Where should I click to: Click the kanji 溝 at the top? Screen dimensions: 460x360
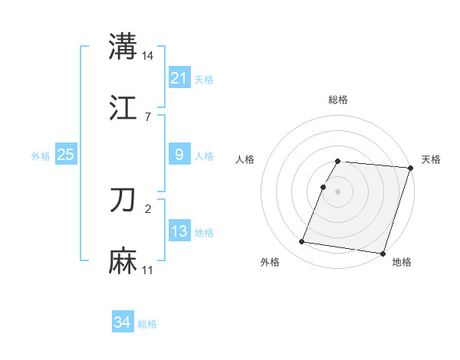[123, 46]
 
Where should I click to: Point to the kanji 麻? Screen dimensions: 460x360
[123, 261]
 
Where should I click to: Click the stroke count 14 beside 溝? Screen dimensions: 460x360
[148, 55]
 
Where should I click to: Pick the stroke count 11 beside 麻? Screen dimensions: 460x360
[148, 270]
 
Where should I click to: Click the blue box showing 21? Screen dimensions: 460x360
[179, 77]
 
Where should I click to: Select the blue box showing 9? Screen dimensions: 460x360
[179, 155]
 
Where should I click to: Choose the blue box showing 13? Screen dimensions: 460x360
[179, 231]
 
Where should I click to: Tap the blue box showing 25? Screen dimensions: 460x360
[65, 155]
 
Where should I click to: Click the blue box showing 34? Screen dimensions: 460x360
[123, 322]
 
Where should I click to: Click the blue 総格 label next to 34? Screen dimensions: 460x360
[147, 324]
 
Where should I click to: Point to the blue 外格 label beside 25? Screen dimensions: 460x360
[41, 156]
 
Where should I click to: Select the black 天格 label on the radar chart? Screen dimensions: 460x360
[431, 159]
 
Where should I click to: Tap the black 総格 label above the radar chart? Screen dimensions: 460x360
[338, 100]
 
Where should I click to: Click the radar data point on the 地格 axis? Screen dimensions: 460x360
[383, 253]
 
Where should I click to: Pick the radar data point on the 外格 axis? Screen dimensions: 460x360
[301, 242]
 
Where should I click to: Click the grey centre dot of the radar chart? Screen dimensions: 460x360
[338, 191]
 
